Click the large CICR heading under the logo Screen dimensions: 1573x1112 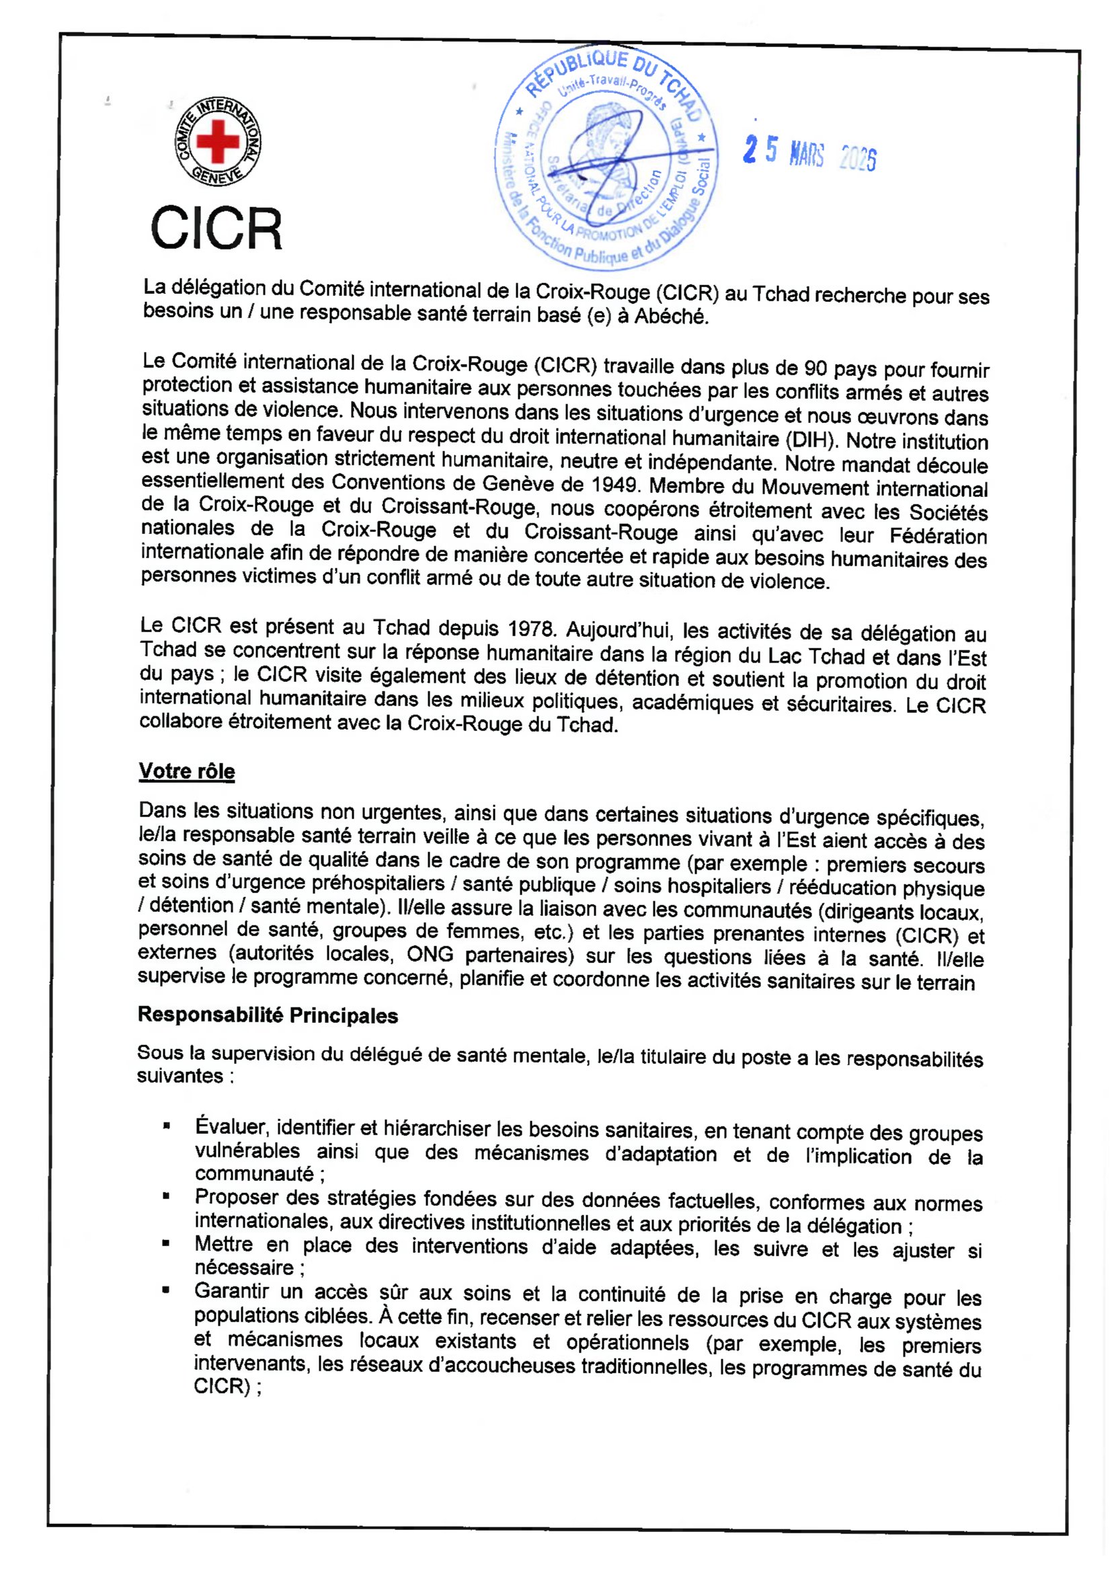[x=216, y=229]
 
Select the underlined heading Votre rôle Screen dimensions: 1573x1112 [x=187, y=771]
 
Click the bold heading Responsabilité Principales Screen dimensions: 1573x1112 [x=268, y=1015]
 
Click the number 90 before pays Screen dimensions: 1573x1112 [x=816, y=369]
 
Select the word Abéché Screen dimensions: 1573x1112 [x=670, y=317]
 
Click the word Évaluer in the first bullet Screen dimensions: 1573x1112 [x=230, y=1127]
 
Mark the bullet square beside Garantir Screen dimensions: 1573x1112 [x=165, y=1290]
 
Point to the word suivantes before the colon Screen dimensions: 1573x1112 [x=180, y=1076]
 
